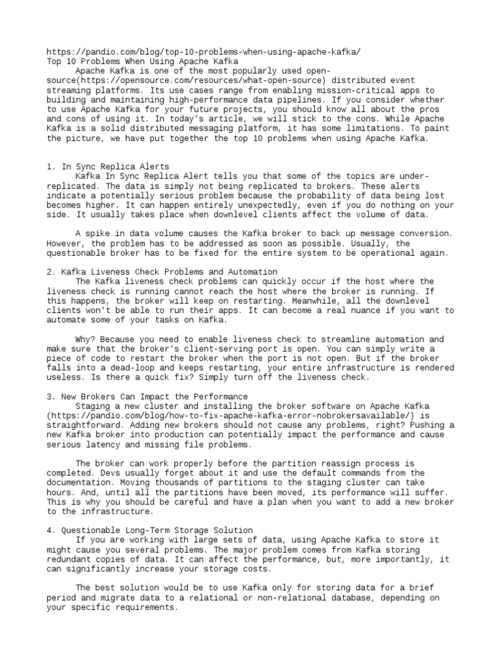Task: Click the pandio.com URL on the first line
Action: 203,52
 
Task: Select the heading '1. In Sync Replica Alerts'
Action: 108,167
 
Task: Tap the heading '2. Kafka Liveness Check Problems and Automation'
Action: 162,271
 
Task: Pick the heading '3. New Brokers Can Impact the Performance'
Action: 147,396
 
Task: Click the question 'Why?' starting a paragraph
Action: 87,339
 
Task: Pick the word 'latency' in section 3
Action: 100,444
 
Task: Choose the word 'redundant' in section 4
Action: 71,559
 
